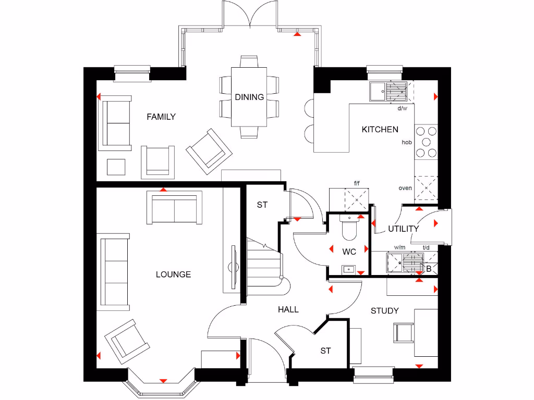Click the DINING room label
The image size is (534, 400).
(x=249, y=97)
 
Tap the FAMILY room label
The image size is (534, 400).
(x=161, y=117)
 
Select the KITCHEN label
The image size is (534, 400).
(x=380, y=129)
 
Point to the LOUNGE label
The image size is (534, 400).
(x=173, y=274)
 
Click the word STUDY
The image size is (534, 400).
(x=385, y=311)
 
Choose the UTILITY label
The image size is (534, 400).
(x=404, y=229)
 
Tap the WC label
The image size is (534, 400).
(x=349, y=252)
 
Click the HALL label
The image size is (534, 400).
(x=288, y=309)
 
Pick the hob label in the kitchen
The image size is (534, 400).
(x=407, y=142)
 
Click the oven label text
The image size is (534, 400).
(x=406, y=188)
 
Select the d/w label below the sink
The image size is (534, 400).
(x=402, y=109)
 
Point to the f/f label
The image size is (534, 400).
(x=357, y=183)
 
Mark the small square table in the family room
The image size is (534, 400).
(x=116, y=167)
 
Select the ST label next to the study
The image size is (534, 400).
(x=325, y=351)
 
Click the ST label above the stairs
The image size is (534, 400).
(x=262, y=205)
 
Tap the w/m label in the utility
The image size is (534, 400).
(x=399, y=247)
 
